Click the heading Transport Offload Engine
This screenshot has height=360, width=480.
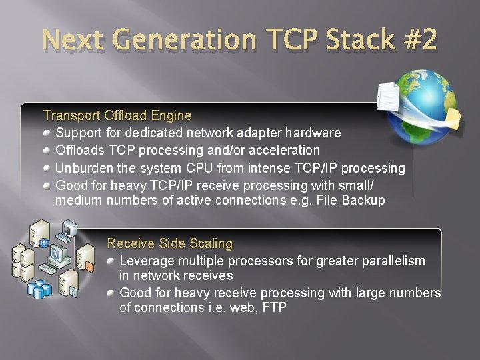(117, 115)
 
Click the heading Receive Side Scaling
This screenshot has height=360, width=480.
(170, 243)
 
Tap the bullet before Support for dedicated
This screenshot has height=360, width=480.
(47, 133)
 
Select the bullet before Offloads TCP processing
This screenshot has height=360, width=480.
(47, 150)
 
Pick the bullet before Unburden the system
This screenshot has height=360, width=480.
(47, 168)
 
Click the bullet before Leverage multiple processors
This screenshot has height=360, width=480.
(111, 261)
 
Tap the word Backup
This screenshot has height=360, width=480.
(363, 200)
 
